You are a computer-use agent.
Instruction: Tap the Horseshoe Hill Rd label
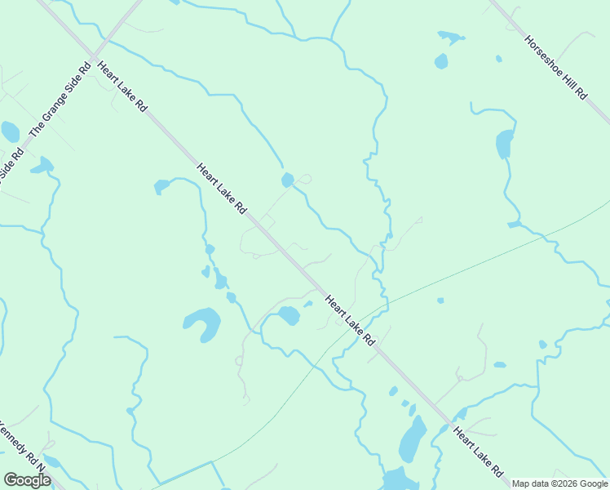tap(555, 68)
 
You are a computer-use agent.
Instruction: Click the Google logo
tap(27, 480)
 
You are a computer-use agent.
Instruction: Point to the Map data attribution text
tap(559, 483)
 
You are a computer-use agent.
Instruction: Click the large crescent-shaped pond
tap(203, 323)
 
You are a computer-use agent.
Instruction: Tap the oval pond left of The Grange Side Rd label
tap(10, 131)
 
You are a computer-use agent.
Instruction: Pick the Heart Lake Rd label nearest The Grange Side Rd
tap(121, 87)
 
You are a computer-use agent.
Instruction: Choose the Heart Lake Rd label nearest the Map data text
tap(478, 452)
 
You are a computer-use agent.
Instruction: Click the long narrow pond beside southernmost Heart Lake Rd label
tap(413, 439)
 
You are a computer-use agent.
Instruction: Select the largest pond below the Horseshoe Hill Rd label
tap(505, 144)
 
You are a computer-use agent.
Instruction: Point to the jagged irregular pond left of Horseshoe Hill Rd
tap(451, 37)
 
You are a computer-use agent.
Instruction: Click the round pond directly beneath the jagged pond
tap(441, 61)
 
